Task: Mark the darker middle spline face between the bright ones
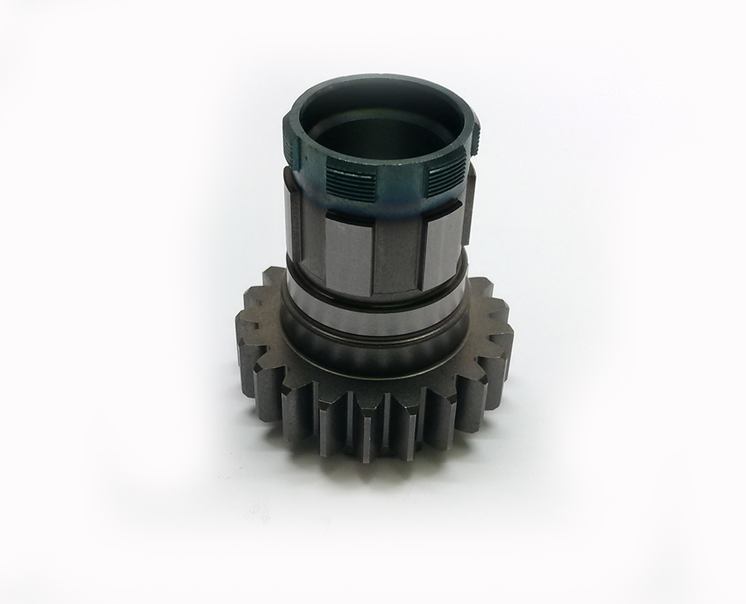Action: tap(396, 257)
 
